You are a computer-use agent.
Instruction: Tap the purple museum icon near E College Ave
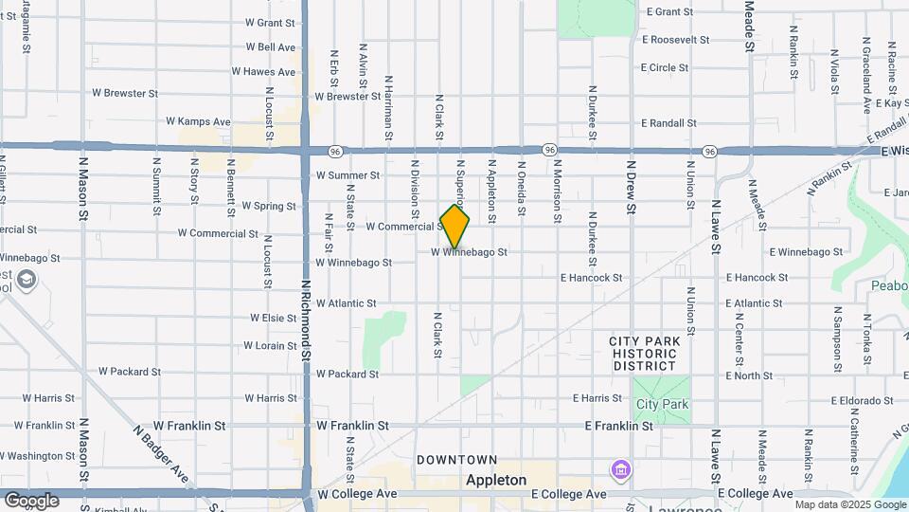click(x=620, y=469)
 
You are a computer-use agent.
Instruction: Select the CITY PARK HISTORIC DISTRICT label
click(x=644, y=353)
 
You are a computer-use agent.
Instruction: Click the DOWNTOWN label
click(x=457, y=460)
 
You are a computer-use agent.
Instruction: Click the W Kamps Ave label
click(x=198, y=121)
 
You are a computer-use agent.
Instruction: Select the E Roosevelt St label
click(x=675, y=40)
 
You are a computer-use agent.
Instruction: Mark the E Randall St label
click(x=668, y=123)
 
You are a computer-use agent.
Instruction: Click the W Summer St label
click(x=348, y=175)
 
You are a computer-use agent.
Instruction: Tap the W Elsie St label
click(x=274, y=318)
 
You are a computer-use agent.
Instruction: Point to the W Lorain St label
click(x=270, y=346)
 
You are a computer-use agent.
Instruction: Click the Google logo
click(x=31, y=501)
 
